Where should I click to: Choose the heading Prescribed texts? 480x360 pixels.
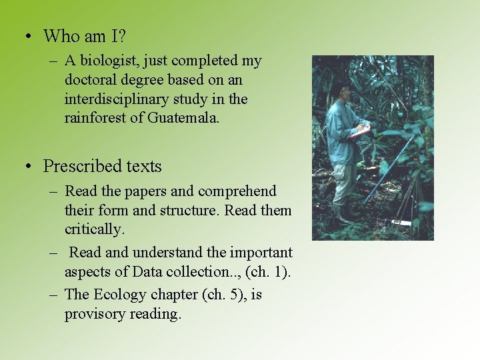coord(102,166)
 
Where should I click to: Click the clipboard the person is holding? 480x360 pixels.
coord(359,131)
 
